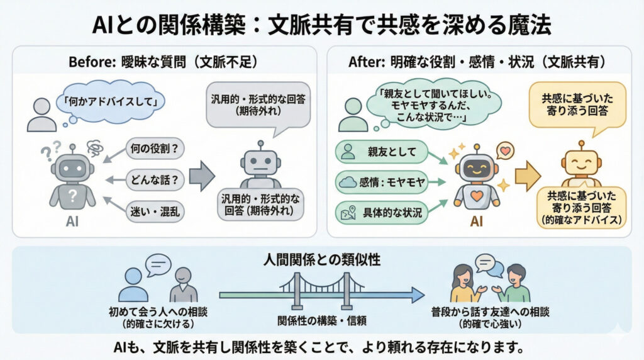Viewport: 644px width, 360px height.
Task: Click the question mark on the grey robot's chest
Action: point(73,193)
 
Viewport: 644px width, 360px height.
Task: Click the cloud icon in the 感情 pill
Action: point(346,183)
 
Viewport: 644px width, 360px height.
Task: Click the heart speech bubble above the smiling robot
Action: point(504,152)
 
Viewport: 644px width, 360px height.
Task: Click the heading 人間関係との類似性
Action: point(322,259)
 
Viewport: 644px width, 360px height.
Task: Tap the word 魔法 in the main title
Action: point(524,26)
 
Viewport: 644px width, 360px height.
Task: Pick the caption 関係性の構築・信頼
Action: point(321,319)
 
